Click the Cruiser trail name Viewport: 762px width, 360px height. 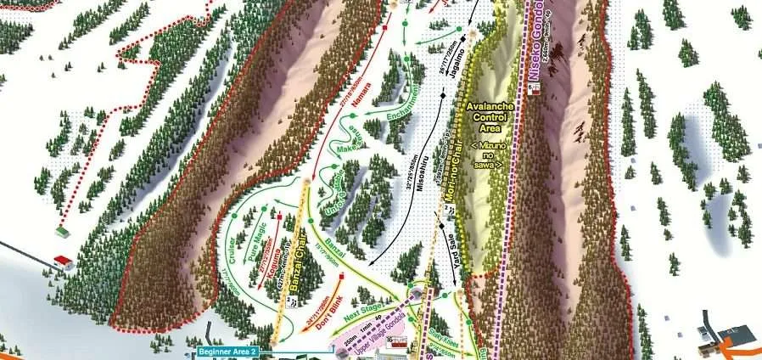coord(231,246)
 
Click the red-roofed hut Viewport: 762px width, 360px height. coord(60,259)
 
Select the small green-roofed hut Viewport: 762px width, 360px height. coord(63,230)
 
